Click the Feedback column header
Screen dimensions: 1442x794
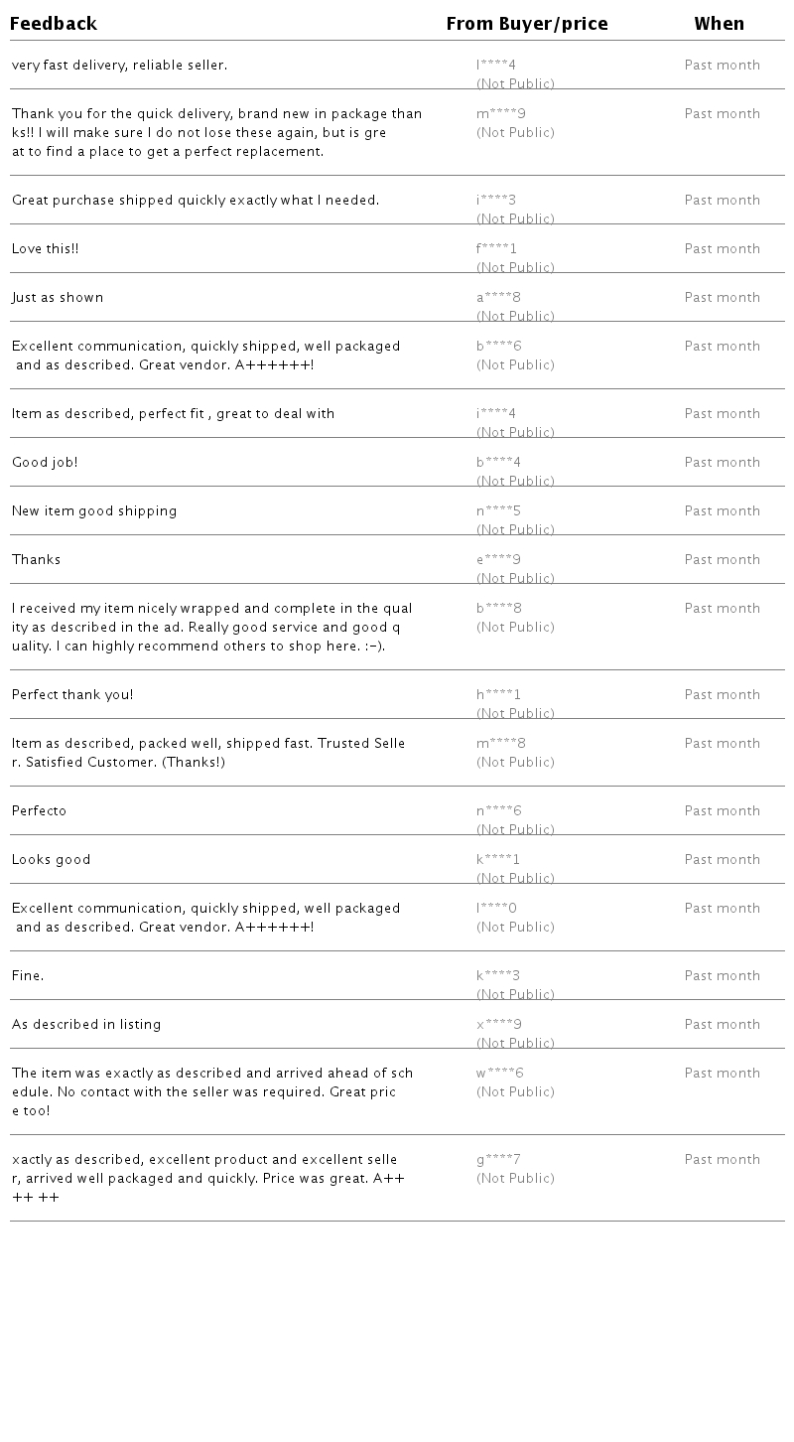54,24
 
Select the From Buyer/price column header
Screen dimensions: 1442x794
527,24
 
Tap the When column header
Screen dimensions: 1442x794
720,24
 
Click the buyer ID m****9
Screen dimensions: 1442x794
501,114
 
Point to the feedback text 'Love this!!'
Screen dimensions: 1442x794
46,249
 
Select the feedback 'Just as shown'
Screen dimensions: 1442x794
58,298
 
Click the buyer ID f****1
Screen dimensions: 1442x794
497,249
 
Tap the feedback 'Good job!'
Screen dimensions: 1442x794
45,463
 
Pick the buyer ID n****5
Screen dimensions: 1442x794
499,511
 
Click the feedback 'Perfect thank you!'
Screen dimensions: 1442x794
72,695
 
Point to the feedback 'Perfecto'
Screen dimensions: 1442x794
40,811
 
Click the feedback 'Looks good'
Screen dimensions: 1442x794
52,860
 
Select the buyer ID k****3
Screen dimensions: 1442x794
498,976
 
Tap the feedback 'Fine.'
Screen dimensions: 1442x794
28,976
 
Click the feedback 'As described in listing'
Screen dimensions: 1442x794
86,1025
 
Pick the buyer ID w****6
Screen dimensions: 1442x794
500,1074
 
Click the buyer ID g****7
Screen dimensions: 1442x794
499,1160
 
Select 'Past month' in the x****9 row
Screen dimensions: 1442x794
723,1025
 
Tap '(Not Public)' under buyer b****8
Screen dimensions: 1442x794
515,628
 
